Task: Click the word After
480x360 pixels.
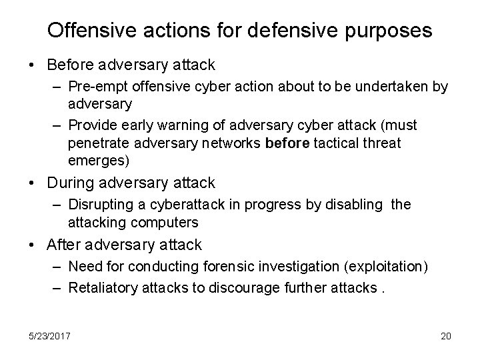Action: coord(64,245)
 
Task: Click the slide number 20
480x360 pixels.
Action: coord(445,336)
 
